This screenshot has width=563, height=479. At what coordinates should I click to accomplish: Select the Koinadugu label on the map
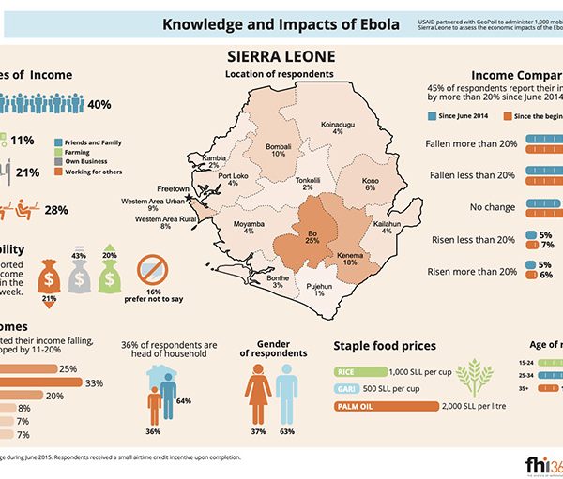click(337, 127)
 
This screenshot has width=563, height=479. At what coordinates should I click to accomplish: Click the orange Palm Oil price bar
click(386, 406)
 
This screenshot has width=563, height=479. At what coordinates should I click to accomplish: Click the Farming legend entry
click(87, 149)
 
